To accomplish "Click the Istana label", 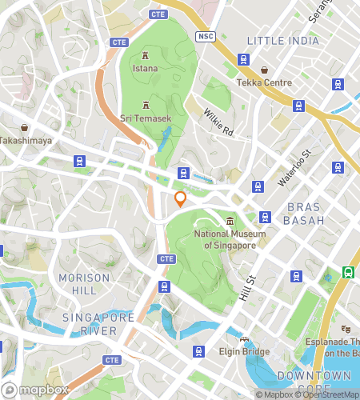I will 145,69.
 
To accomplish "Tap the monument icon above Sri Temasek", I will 146,104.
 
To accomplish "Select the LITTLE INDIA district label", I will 282,41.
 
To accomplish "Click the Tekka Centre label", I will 263,83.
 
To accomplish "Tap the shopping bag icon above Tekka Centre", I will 263,70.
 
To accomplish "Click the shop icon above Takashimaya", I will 25,126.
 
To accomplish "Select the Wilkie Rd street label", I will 218,122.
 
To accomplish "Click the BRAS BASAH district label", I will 305,213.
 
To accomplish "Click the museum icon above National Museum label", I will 230,221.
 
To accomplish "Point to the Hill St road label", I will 246,289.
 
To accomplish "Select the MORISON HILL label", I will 84,283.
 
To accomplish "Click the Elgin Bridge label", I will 244,351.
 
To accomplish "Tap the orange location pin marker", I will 181,198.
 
